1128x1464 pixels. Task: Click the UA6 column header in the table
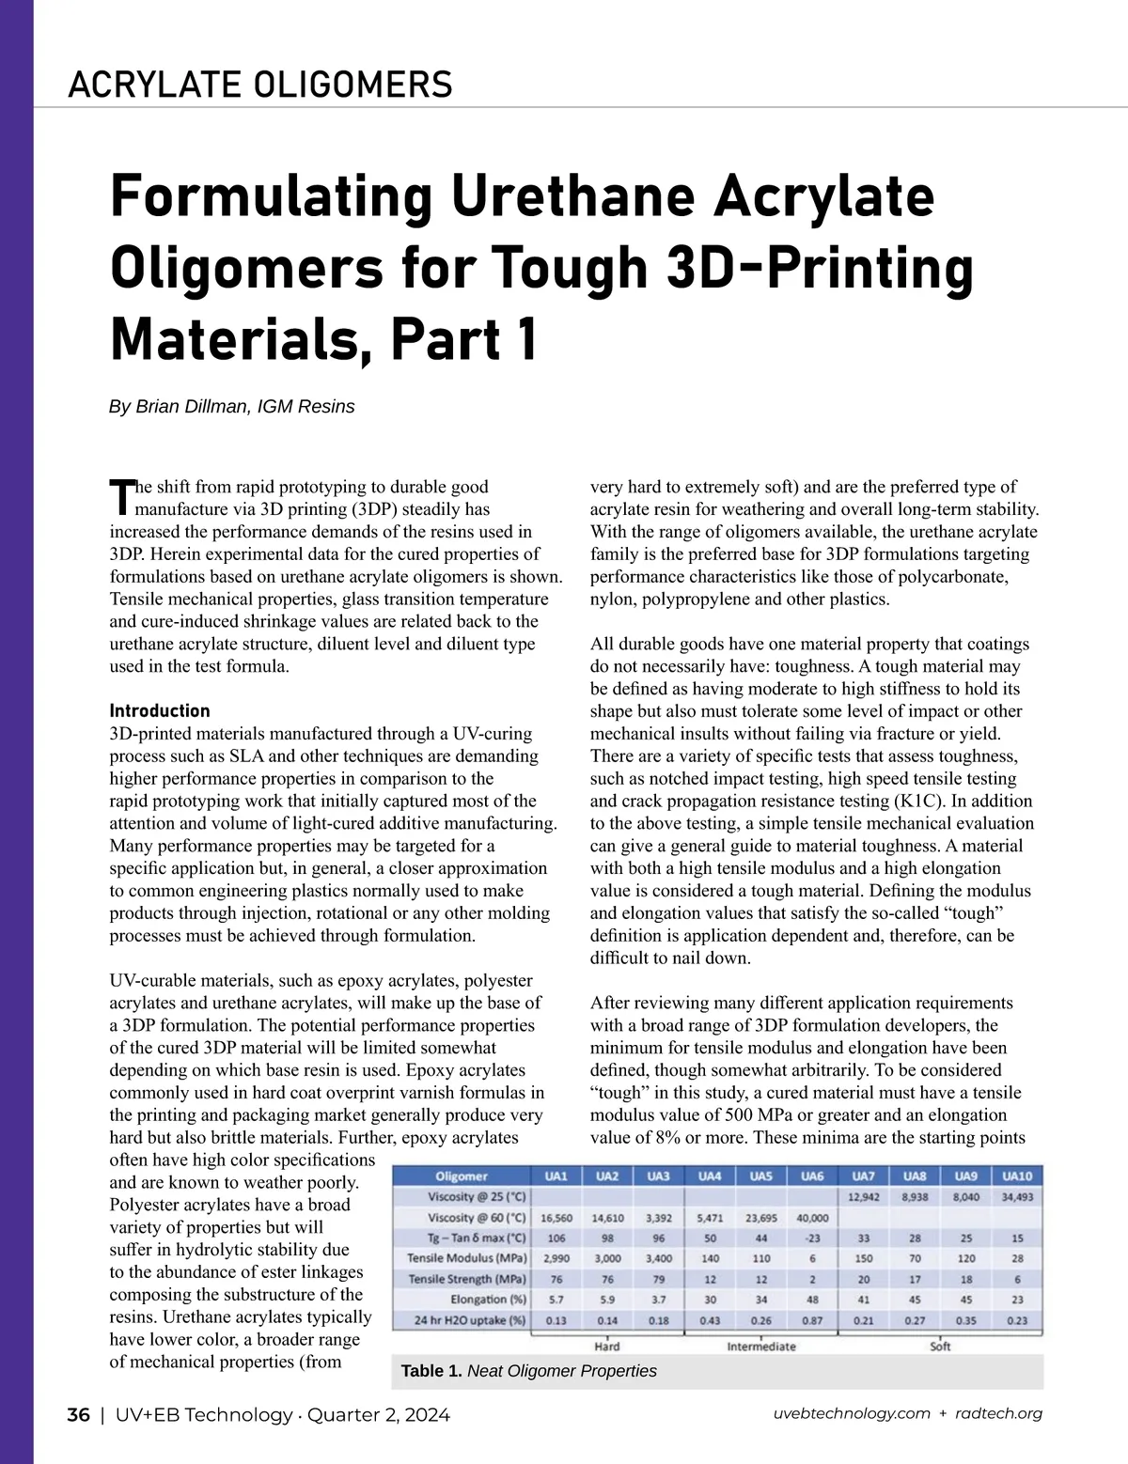point(812,1176)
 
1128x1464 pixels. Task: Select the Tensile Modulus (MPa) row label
point(466,1258)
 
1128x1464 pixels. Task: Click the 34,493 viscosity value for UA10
point(1018,1197)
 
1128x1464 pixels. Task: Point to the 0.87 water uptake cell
point(812,1320)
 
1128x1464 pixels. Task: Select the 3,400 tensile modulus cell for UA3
point(659,1258)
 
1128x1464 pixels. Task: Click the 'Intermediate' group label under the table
point(761,1347)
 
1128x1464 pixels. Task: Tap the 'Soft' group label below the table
point(940,1347)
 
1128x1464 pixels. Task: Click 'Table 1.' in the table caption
point(431,1371)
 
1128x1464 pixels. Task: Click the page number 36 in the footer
point(78,1415)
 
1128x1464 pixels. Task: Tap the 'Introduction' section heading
point(160,710)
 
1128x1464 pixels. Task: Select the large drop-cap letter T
point(121,497)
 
